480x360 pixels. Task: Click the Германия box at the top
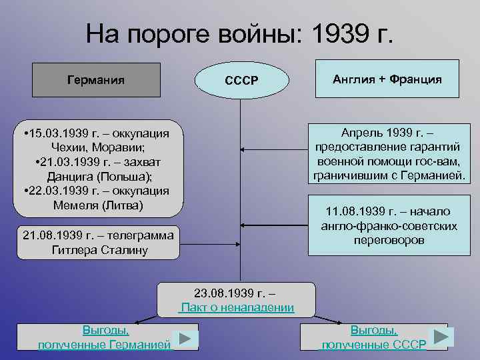(x=96, y=80)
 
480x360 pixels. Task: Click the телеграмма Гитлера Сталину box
(x=99, y=243)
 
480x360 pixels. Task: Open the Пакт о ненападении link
(x=237, y=307)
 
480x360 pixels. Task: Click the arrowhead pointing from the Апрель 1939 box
(x=243, y=151)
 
